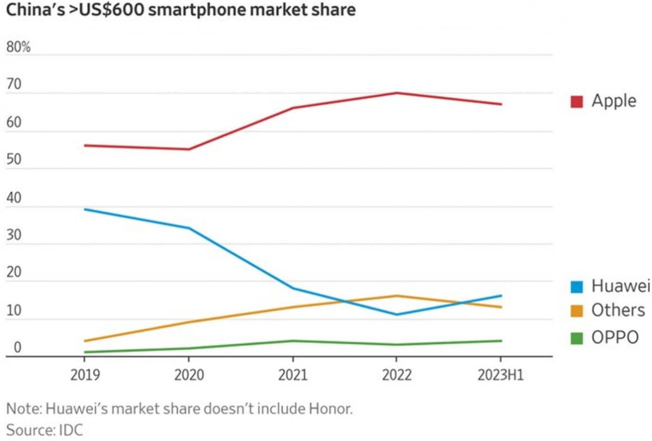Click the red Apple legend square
coord(576,101)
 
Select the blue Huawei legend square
coord(576,286)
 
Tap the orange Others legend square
coord(576,311)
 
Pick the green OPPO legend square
coord(576,337)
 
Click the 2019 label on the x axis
coord(85,375)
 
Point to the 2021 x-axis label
coord(293,375)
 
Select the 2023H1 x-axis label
coord(500,375)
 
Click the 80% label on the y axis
coord(18,47)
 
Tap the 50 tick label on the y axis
coord(14,161)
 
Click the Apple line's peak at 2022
coord(397,93)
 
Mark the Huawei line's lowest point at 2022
coord(397,314)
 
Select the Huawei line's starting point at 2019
coord(85,209)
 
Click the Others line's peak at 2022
coord(397,296)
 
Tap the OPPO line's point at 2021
coord(293,341)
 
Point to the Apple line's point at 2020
coord(189,149)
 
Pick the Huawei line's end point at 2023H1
coord(500,296)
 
